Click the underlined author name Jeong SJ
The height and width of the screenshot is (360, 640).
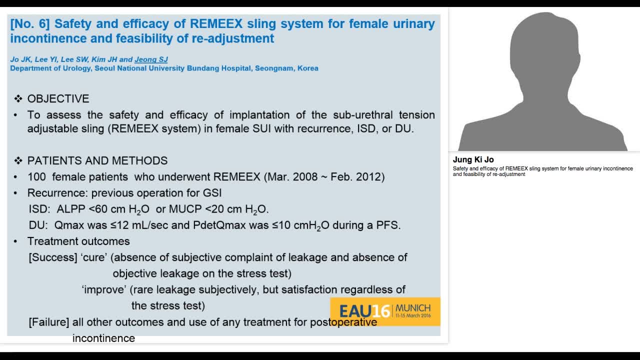(x=151, y=59)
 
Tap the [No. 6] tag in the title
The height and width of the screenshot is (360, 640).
(x=29, y=23)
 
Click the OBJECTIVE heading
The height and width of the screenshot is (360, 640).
(x=58, y=98)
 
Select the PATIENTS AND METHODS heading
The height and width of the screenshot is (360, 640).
(x=97, y=160)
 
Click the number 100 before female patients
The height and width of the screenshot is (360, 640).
(x=37, y=177)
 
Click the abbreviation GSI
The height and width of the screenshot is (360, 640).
(x=211, y=193)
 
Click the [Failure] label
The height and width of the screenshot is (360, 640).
(x=49, y=322)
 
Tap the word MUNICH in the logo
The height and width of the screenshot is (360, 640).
(x=413, y=307)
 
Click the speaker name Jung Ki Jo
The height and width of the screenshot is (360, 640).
(x=473, y=159)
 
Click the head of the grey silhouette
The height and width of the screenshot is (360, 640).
(x=543, y=47)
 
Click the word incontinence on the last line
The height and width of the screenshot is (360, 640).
(x=103, y=338)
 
